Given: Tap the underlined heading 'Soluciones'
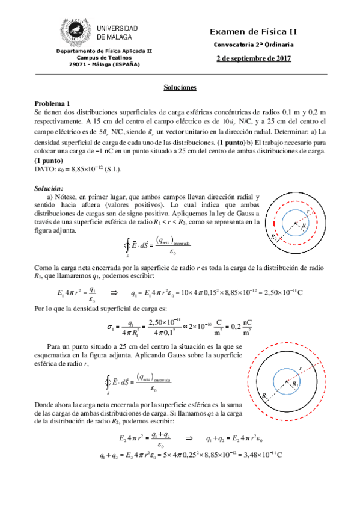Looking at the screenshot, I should pyautogui.click(x=180, y=87).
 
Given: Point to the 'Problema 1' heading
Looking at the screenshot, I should pyautogui.click(x=52, y=103).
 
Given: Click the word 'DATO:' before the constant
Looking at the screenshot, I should pyautogui.click(x=45, y=168).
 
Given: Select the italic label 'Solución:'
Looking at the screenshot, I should pyautogui.click(x=50, y=188).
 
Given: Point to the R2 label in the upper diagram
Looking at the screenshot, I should pyautogui.click(x=275, y=238).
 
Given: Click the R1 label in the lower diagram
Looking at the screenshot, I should pyautogui.click(x=296, y=383).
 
